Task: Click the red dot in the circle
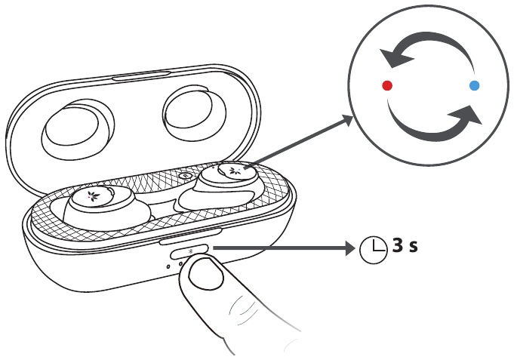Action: tap(387, 85)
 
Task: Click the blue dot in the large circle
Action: tap(474, 85)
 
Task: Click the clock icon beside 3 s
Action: tap(374, 250)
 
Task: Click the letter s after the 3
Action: tap(413, 247)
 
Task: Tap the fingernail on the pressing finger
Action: tap(207, 274)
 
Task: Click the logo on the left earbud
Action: tap(95, 197)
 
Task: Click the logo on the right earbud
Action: tap(235, 171)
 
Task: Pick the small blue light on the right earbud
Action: tap(239, 170)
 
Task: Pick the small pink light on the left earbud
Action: tap(89, 198)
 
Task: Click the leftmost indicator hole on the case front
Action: tap(168, 266)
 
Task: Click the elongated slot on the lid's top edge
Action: tap(142, 75)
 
